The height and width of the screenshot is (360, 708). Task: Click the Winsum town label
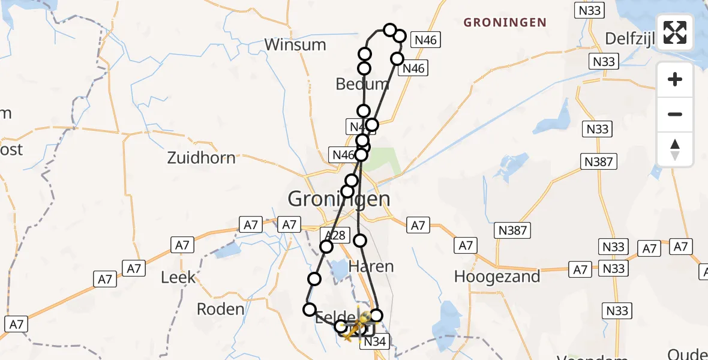[295, 44]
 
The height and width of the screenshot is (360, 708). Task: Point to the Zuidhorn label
[201, 158]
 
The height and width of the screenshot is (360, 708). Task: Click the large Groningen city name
[339, 198]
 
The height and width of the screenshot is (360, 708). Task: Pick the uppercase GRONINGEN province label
[505, 23]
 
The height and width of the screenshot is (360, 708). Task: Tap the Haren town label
[371, 266]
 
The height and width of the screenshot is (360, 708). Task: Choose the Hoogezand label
[497, 277]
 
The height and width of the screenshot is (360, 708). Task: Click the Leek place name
[178, 277]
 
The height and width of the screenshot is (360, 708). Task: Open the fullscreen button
[675, 32]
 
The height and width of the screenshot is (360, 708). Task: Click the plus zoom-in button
[675, 79]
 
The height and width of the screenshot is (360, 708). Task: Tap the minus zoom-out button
[675, 114]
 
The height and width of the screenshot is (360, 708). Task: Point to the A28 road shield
[334, 235]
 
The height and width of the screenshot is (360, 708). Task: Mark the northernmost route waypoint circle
[390, 30]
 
